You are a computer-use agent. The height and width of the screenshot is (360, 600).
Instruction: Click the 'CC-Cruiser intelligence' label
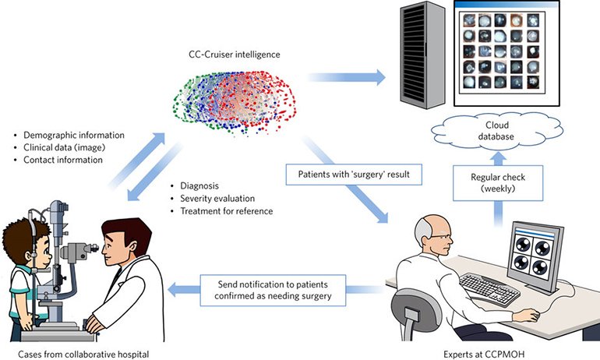click(235, 55)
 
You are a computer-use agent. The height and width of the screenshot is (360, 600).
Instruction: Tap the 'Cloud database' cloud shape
click(496, 131)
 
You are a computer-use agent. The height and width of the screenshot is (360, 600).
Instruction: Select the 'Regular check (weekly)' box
click(498, 183)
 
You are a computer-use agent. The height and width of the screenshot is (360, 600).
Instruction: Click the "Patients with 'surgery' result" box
click(354, 175)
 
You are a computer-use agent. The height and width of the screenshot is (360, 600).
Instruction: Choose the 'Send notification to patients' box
click(273, 290)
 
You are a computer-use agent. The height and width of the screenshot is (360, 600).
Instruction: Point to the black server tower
click(422, 55)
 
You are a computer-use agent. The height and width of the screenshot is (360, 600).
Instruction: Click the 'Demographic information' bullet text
click(74, 135)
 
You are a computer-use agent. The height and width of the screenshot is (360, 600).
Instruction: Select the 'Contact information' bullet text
click(63, 160)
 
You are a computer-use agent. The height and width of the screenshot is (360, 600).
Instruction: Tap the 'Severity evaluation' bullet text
click(217, 199)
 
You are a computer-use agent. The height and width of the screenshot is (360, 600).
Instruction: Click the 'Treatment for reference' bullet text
click(227, 211)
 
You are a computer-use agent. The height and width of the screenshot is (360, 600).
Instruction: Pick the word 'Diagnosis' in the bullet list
click(199, 186)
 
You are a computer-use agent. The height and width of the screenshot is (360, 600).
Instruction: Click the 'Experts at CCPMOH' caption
click(484, 355)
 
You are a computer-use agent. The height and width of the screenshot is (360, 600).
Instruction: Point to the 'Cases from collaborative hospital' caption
click(83, 355)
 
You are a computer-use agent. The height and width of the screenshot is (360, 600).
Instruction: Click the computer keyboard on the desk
click(489, 289)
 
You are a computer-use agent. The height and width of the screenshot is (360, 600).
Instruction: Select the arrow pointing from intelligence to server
click(346, 77)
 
